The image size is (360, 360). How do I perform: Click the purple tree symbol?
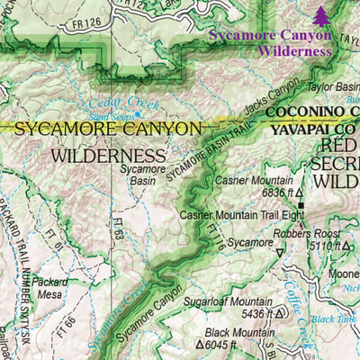click(x=321, y=15)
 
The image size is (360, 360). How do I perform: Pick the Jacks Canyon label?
click(x=270, y=103)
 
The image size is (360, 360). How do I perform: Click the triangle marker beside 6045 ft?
click(x=200, y=343)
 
